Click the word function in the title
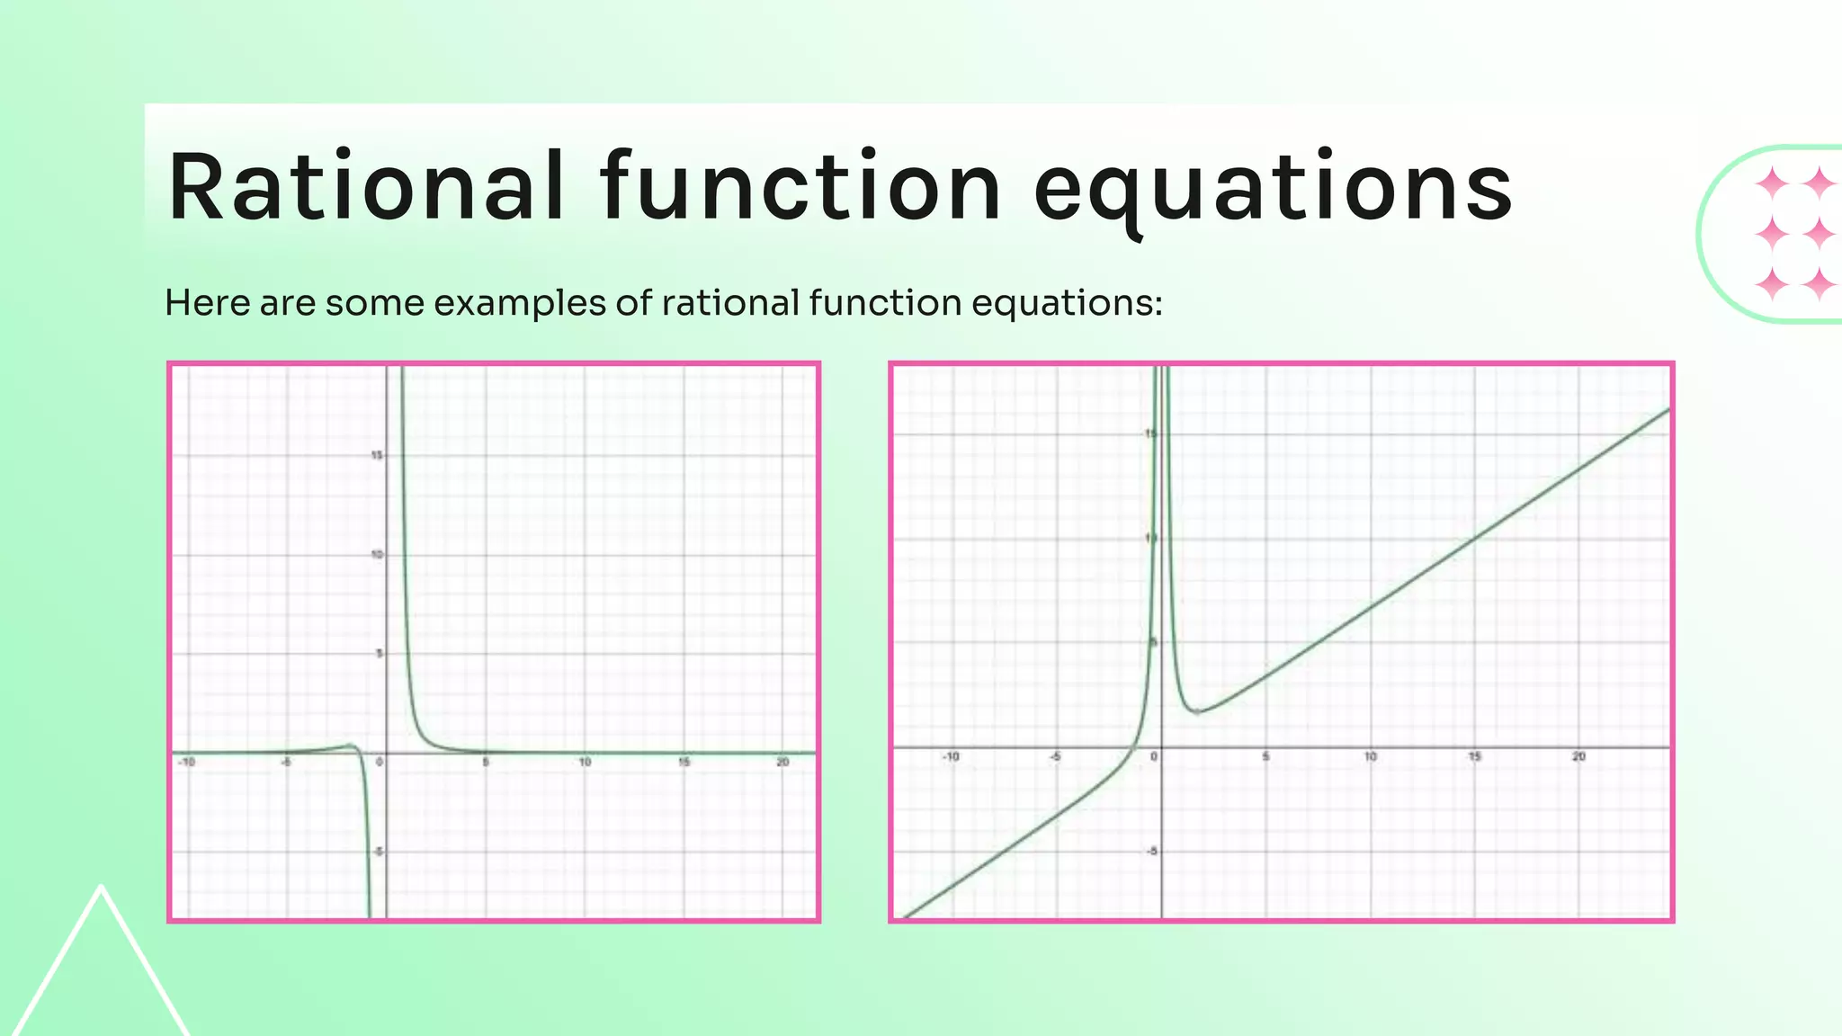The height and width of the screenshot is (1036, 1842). click(800, 187)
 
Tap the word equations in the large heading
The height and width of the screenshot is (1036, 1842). click(1274, 187)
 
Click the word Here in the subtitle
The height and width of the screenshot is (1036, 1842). click(208, 303)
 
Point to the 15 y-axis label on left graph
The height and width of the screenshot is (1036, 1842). click(376, 456)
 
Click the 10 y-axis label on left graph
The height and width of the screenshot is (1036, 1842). click(376, 555)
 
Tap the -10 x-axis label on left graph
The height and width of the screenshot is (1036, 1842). click(185, 763)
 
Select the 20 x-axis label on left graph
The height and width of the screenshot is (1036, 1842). click(782, 763)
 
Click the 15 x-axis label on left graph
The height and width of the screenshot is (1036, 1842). click(684, 763)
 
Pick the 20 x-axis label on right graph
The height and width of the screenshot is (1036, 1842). click(1578, 757)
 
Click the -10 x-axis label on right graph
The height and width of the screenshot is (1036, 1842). click(950, 757)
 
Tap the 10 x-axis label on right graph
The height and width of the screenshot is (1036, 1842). click(1370, 757)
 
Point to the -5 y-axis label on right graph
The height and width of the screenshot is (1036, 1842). click(1152, 852)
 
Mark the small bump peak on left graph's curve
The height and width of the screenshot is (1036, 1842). click(350, 745)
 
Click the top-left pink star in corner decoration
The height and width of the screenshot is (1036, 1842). click(1773, 183)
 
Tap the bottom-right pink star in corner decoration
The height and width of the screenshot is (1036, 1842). click(1820, 284)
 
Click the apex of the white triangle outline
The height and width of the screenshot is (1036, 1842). click(102, 887)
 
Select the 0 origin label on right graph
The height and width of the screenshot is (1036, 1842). click(1154, 757)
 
